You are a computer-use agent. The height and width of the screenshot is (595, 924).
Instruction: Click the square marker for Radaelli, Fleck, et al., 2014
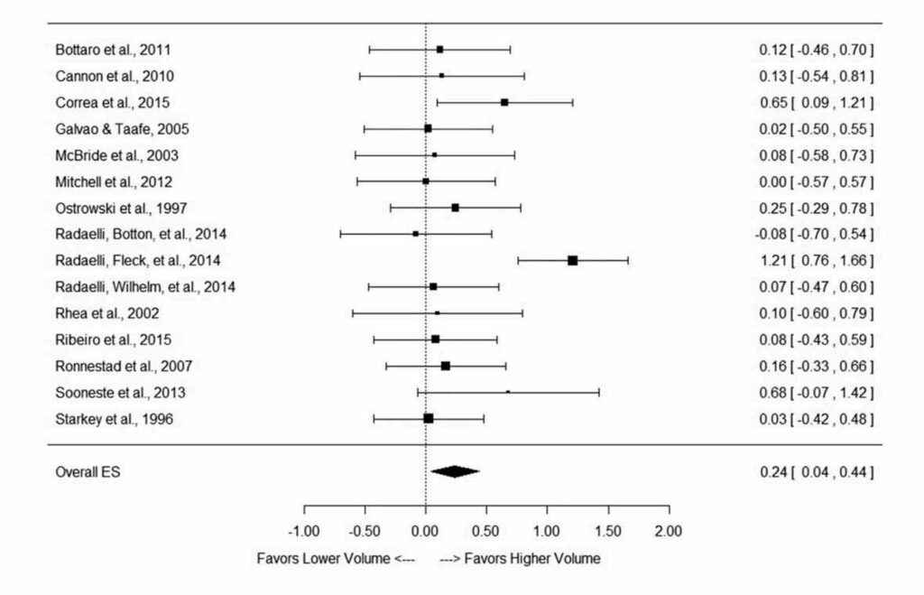pyautogui.click(x=572, y=260)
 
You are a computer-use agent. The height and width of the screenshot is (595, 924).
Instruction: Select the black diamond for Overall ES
pyautogui.click(x=455, y=470)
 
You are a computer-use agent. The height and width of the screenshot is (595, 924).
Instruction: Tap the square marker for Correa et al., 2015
pyautogui.click(x=504, y=102)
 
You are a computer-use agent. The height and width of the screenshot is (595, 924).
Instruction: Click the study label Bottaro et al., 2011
pyautogui.click(x=110, y=49)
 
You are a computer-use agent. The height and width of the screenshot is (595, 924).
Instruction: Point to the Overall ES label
pyautogui.click(x=87, y=471)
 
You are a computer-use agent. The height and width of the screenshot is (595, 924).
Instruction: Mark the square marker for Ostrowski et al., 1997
pyautogui.click(x=455, y=208)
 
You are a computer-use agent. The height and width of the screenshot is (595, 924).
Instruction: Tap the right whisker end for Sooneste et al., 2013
pyautogui.click(x=598, y=393)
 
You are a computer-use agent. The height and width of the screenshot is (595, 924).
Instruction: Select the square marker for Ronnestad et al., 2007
pyautogui.click(x=445, y=366)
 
